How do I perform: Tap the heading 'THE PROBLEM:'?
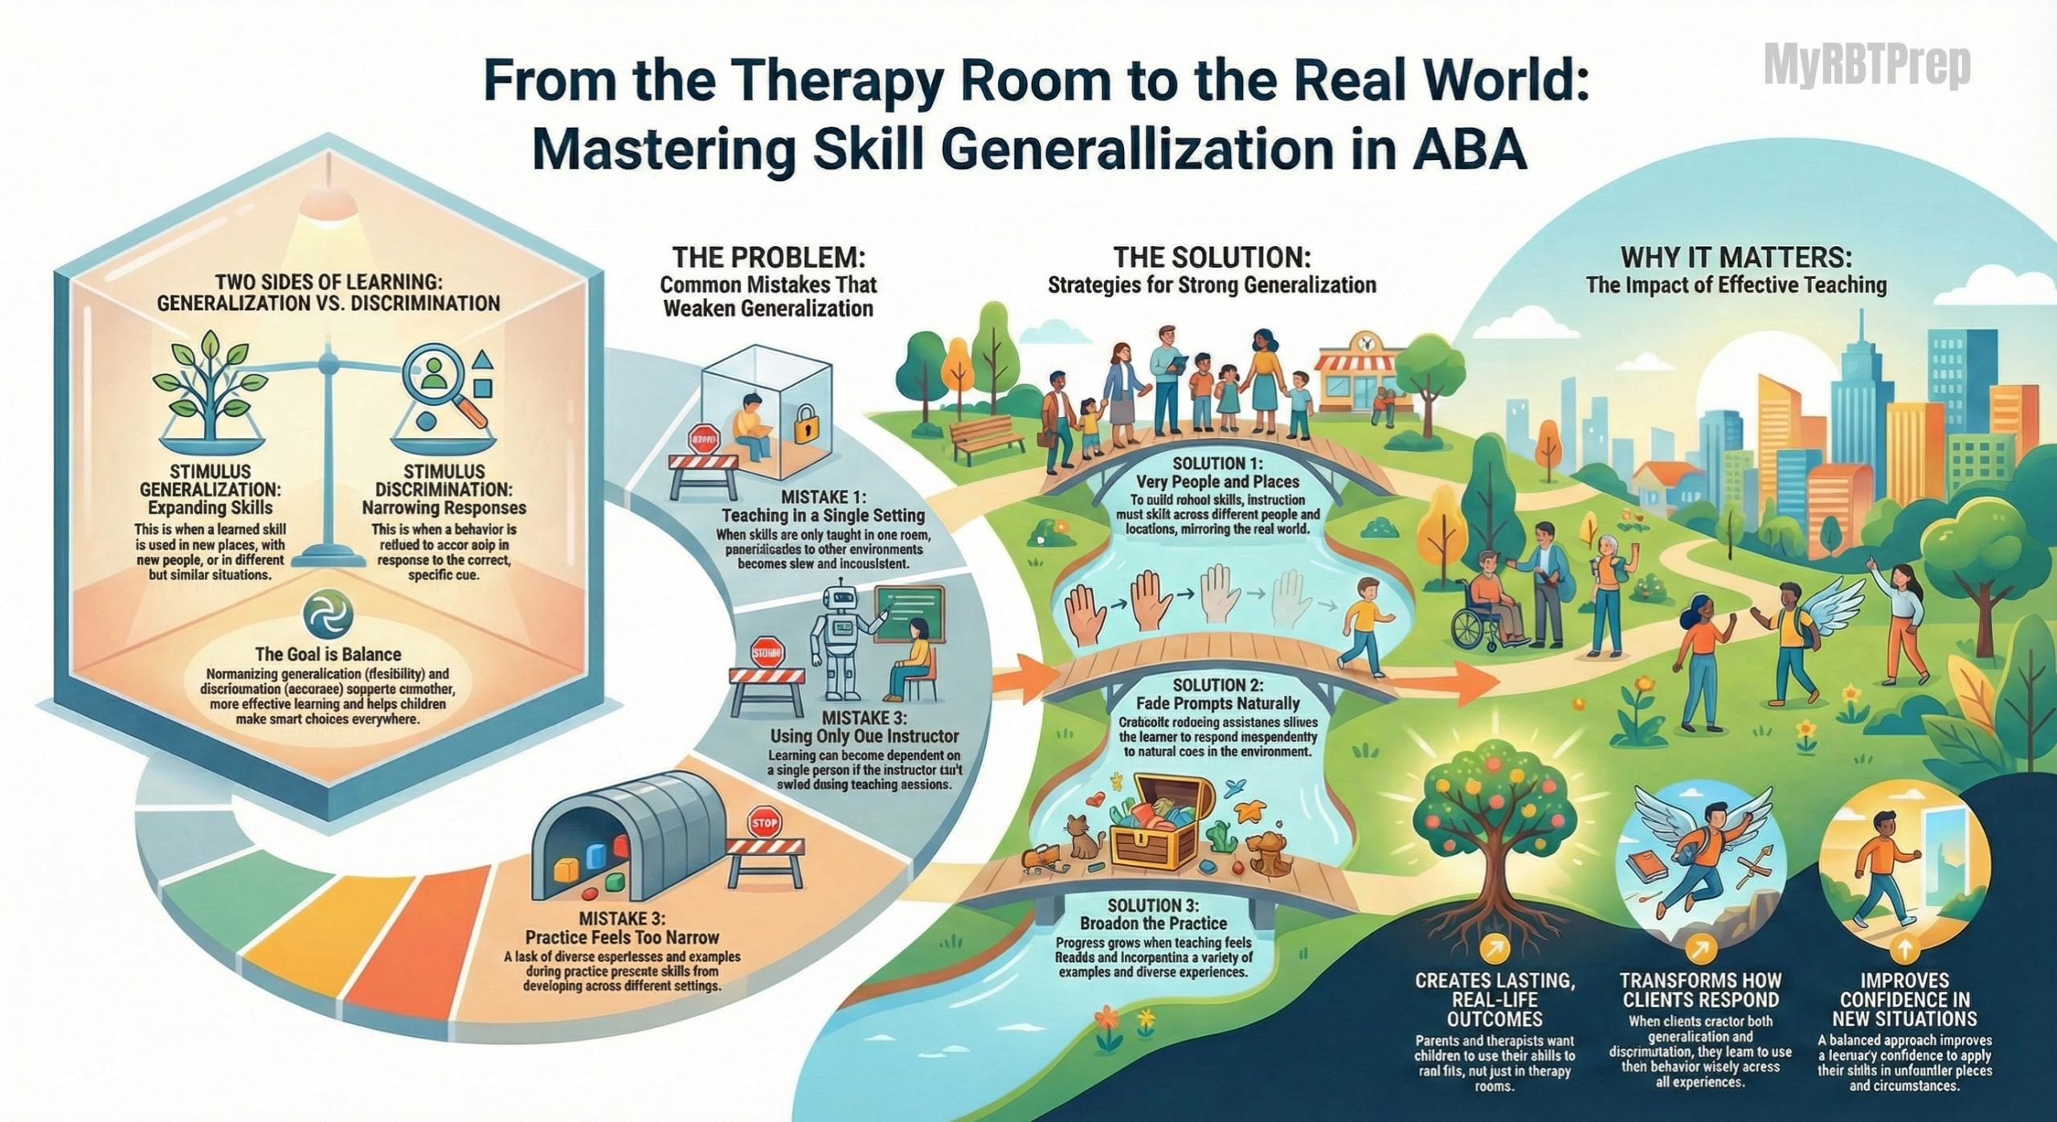(769, 258)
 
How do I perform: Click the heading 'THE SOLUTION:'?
(1212, 258)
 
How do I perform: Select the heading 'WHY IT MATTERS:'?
(1736, 258)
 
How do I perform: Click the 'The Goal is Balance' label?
(328, 654)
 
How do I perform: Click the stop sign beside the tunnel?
(763, 823)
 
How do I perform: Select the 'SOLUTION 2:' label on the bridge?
(1217, 685)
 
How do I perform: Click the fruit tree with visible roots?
(1493, 836)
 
